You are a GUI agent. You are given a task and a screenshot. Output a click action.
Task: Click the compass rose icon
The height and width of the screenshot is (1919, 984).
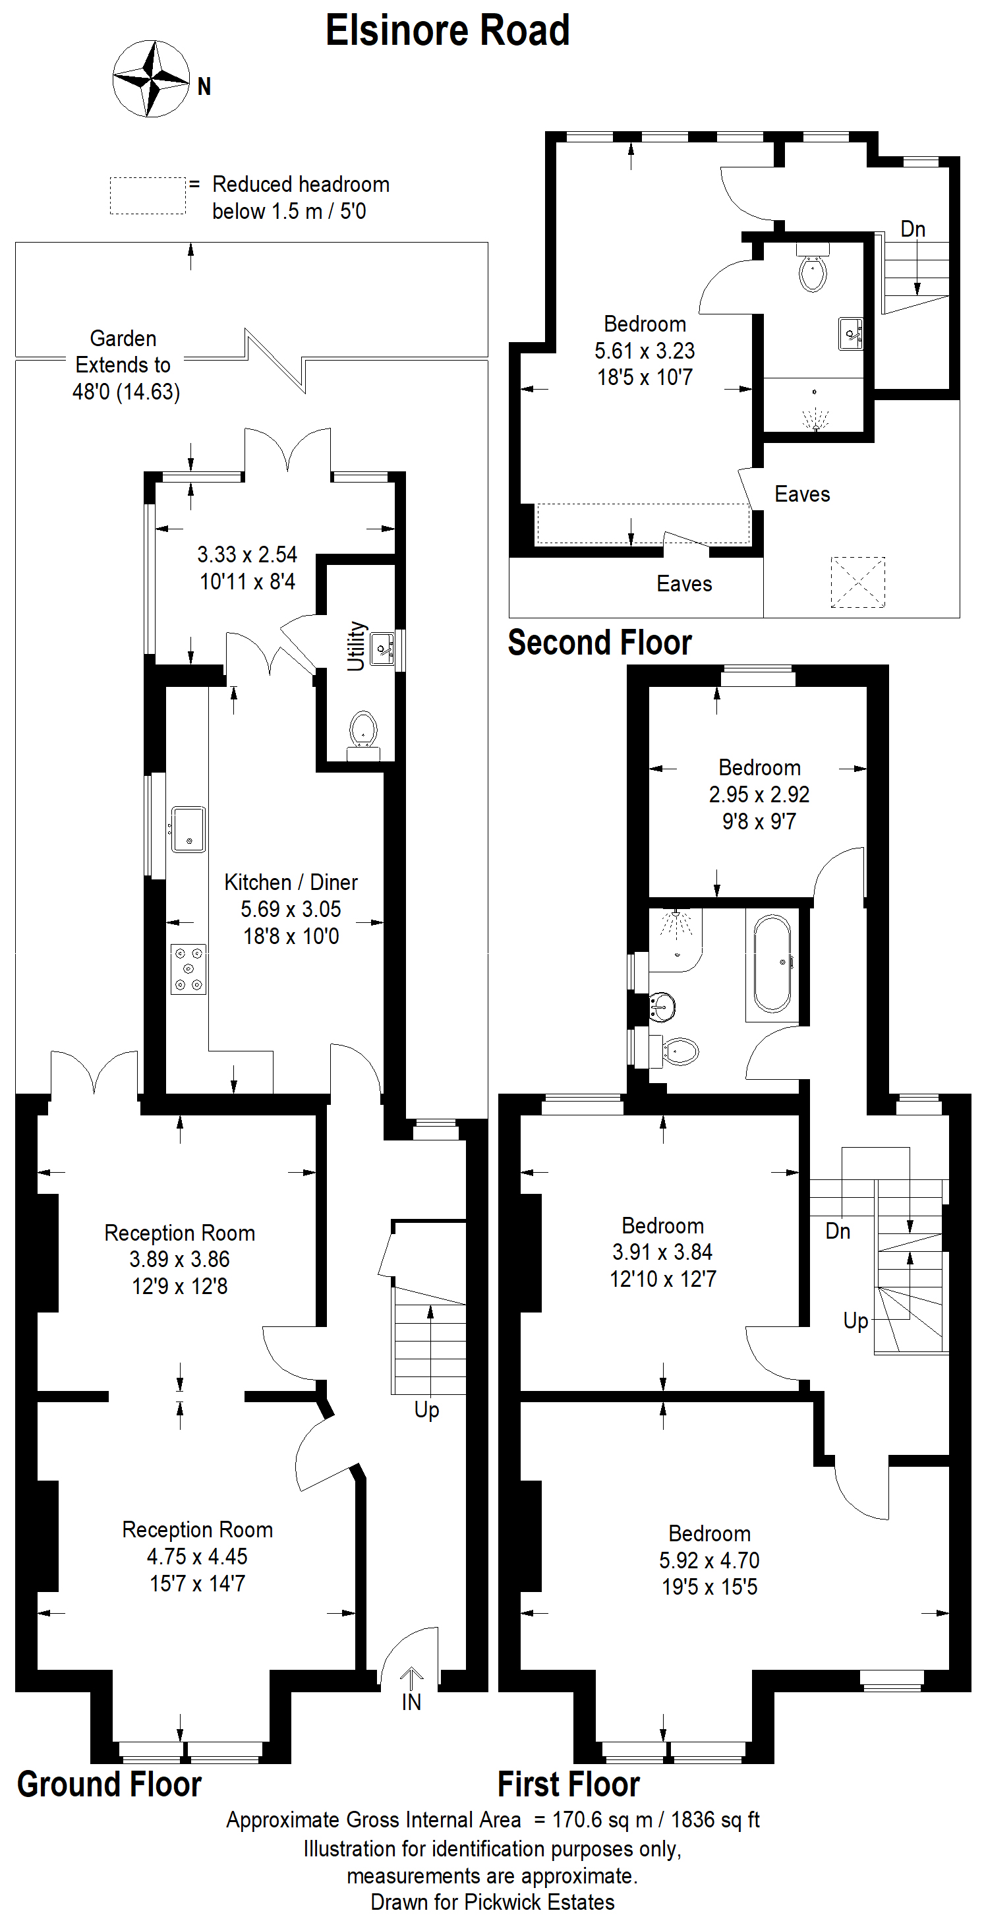point(151,79)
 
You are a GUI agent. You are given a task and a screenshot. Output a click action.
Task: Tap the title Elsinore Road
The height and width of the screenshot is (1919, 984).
point(448,31)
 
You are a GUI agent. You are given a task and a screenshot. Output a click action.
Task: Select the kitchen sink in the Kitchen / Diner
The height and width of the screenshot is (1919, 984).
point(188,829)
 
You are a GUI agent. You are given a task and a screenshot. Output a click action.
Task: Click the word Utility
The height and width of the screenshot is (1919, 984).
point(357,646)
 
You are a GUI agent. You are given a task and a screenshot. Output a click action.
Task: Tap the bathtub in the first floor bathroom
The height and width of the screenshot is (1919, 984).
point(772,963)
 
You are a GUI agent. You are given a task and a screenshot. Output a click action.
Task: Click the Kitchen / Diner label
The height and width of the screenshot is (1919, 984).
point(291,882)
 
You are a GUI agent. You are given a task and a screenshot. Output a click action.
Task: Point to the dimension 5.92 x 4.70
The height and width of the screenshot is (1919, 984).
point(709,1559)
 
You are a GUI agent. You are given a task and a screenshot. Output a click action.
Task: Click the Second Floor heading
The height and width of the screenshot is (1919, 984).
point(600,642)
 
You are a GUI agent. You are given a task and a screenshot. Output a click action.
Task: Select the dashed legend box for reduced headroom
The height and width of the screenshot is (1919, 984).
point(148,196)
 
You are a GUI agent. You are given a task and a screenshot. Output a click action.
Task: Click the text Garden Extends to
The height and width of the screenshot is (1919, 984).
point(123,351)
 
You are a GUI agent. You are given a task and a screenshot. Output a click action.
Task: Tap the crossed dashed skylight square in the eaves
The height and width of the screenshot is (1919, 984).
point(858,582)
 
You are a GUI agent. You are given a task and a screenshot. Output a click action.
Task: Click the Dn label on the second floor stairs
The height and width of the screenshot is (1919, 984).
point(913,229)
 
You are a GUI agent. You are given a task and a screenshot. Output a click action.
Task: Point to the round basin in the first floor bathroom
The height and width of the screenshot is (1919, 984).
point(662,1007)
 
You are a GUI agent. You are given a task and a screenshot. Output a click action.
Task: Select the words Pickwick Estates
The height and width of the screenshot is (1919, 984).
point(539,1902)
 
